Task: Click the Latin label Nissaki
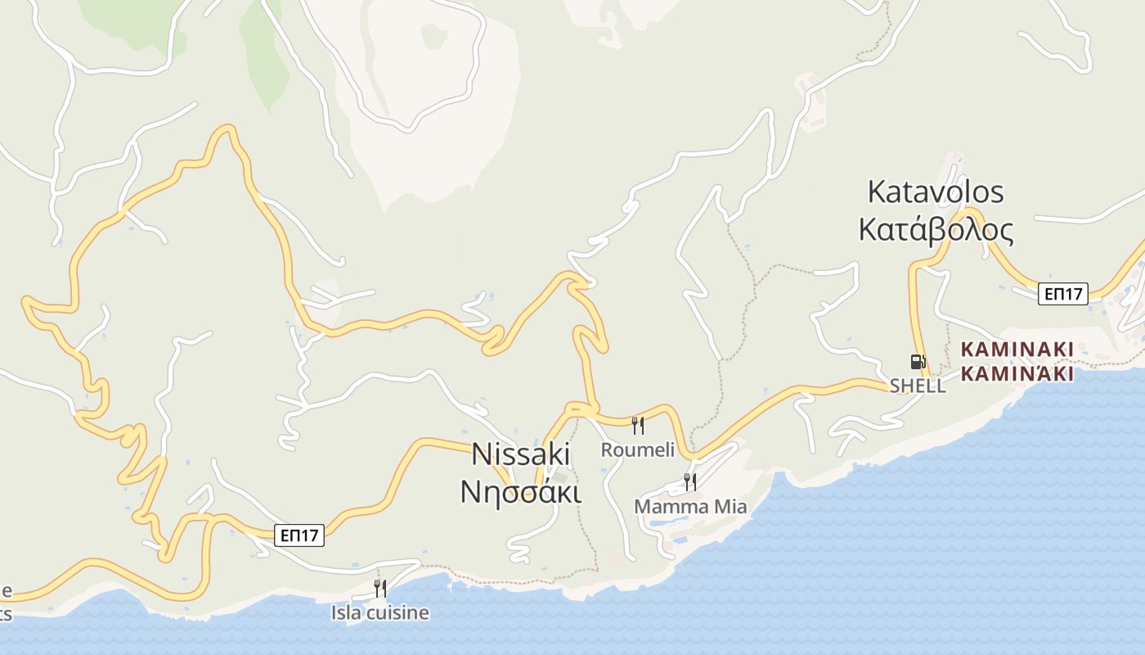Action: click(x=521, y=455)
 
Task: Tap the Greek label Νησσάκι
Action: click(x=521, y=492)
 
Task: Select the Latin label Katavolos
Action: click(x=935, y=192)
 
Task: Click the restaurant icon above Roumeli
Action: click(x=638, y=425)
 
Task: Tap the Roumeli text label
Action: click(x=638, y=449)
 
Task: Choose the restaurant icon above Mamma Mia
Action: click(x=690, y=481)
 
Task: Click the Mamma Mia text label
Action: click(x=690, y=507)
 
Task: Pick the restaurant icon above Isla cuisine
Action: click(x=379, y=588)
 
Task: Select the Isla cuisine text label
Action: click(x=379, y=612)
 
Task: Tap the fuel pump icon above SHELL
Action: click(x=918, y=361)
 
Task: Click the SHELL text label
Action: click(x=918, y=386)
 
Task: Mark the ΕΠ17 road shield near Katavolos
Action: click(x=1063, y=294)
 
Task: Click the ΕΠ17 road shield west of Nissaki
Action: click(x=299, y=535)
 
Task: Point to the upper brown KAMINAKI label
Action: click(x=1017, y=350)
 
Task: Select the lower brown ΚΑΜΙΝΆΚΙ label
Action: click(x=1017, y=374)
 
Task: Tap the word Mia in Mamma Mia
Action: click(x=730, y=507)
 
